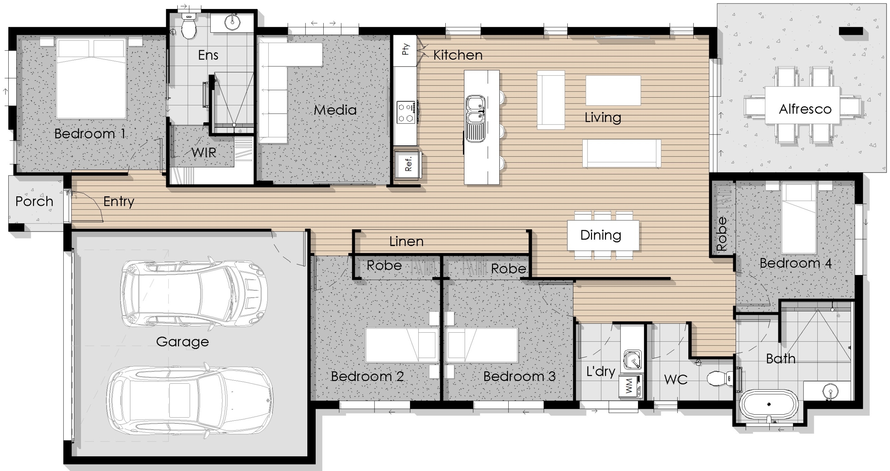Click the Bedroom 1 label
[x=90, y=134]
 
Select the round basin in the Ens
[x=232, y=22]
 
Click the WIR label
[x=204, y=153]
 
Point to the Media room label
[x=335, y=110]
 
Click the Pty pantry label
[x=405, y=49]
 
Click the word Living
[x=602, y=117]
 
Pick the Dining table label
[x=601, y=235]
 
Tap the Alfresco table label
[x=805, y=109]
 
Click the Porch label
[x=34, y=201]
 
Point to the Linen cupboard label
[x=406, y=241]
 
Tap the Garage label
[x=183, y=342]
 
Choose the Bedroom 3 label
[x=519, y=376]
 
